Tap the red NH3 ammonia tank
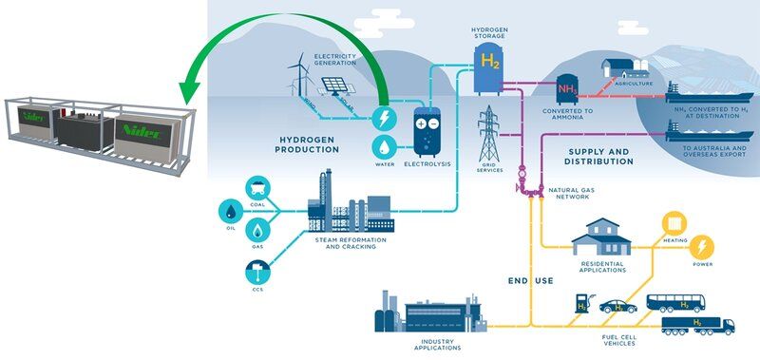(568, 90)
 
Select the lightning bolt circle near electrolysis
(386, 120)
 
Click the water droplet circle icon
(386, 148)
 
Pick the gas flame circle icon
(257, 231)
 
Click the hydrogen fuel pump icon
(581, 304)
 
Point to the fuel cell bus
(675, 303)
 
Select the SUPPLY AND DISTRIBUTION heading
(599, 156)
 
